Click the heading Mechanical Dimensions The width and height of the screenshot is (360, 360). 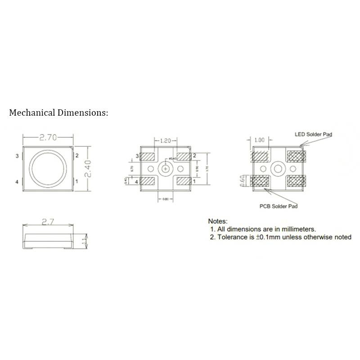59,112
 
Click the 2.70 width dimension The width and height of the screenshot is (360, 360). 49,138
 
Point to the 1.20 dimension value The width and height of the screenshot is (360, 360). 166,141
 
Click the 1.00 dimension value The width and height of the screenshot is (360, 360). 259,140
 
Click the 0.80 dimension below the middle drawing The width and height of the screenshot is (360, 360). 166,199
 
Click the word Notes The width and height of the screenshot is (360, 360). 218,221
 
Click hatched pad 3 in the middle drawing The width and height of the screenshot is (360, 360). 148,157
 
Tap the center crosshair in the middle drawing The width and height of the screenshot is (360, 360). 166,169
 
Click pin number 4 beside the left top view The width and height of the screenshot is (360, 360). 17,181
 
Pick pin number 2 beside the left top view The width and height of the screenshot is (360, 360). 77,156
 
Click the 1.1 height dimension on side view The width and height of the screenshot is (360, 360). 84,241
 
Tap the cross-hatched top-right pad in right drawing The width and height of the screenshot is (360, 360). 296,156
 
